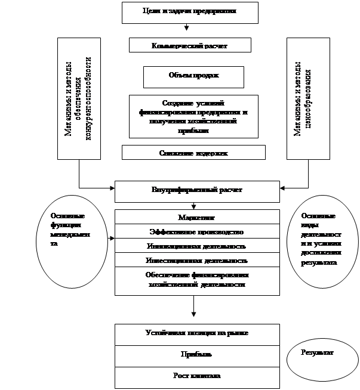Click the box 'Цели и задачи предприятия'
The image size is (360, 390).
(190, 12)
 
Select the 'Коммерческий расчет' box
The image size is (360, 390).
(190, 45)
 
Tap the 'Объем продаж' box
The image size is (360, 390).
(193, 76)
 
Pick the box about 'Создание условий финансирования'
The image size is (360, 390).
(193, 116)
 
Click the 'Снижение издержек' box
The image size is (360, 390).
(193, 153)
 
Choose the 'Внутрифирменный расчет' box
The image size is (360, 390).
(196, 191)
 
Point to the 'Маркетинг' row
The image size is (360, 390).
(196, 218)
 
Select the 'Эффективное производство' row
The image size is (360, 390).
(196, 231)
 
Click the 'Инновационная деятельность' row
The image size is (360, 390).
(196, 246)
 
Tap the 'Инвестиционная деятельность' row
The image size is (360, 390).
(196, 260)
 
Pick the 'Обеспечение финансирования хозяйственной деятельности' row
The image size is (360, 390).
(196, 280)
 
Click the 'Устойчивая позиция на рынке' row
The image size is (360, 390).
(196, 333)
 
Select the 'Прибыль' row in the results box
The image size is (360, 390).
(196, 354)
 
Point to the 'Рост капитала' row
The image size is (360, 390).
(196, 376)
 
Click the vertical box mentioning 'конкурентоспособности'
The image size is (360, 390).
(79, 99)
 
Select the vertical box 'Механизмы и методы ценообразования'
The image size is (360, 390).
(308, 99)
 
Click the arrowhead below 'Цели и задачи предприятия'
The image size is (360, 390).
(187, 27)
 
